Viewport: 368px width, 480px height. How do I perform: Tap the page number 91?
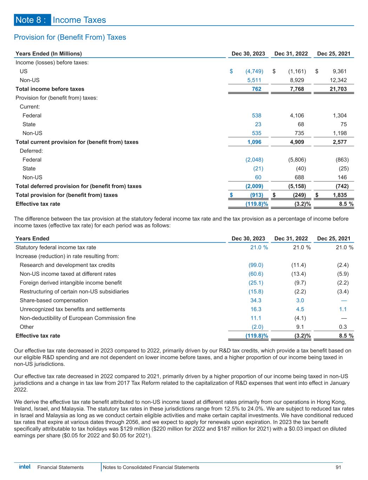[x=339, y=467]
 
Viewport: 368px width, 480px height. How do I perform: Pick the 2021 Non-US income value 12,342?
[x=337, y=80]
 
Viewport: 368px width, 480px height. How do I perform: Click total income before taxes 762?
[x=257, y=89]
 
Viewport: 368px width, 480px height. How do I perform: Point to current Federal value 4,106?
[x=297, y=115]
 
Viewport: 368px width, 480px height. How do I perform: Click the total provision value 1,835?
[x=340, y=195]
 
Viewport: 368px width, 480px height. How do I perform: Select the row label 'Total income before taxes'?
[x=50, y=89]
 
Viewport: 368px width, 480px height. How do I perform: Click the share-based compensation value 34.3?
[x=255, y=300]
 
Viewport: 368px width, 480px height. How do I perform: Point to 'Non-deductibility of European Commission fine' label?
[x=78, y=318]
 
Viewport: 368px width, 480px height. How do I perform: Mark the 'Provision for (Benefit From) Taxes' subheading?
[x=70, y=37]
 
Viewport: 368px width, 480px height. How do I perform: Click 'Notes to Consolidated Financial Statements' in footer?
[x=151, y=467]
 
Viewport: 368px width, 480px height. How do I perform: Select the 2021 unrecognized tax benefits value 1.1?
[x=343, y=309]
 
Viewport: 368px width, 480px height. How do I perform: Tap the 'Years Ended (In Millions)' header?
[x=48, y=54]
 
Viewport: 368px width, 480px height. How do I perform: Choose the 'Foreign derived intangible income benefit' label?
[x=71, y=283]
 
